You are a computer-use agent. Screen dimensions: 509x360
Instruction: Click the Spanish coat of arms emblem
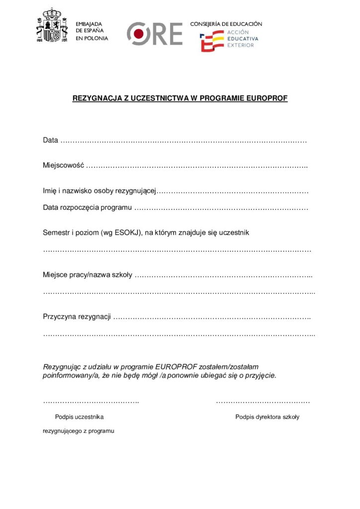(x=51, y=25)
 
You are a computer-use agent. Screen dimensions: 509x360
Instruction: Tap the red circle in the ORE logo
(x=140, y=33)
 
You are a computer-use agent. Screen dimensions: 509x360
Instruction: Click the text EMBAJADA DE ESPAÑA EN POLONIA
(x=91, y=31)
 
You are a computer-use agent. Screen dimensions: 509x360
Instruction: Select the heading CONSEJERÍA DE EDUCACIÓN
(x=226, y=24)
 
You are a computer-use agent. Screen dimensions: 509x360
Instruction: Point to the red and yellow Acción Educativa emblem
(x=212, y=41)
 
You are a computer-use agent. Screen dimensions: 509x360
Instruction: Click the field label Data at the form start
(x=50, y=141)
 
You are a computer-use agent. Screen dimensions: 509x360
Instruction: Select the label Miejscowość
(x=63, y=166)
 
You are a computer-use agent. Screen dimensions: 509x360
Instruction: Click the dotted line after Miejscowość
(x=197, y=166)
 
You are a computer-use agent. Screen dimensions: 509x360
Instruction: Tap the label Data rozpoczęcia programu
(x=87, y=207)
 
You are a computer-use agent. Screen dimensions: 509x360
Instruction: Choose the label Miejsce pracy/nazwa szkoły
(x=87, y=275)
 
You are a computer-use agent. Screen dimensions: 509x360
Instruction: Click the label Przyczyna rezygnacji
(x=77, y=317)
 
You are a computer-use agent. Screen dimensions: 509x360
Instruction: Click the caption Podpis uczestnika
(x=79, y=417)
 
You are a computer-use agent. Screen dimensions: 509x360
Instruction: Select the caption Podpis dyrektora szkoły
(x=267, y=417)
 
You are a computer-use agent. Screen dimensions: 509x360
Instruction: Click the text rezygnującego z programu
(x=79, y=431)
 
